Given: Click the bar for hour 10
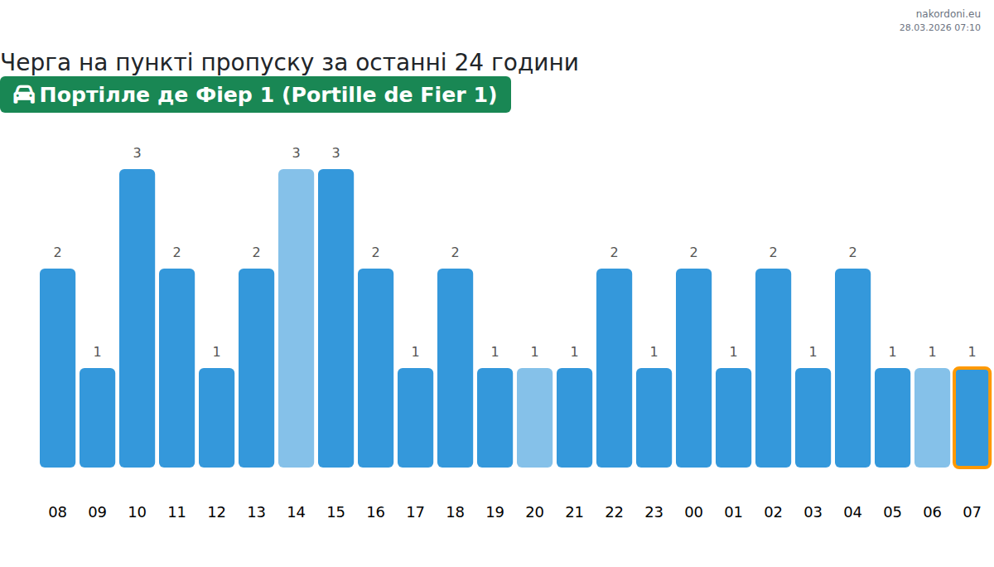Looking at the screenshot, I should (137, 318).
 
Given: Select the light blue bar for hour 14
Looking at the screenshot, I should (296, 318).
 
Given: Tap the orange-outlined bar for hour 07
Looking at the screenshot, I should (972, 418).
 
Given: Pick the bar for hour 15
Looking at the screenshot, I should (335, 318).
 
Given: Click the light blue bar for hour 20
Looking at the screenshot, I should (534, 418).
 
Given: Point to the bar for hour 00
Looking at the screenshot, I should (693, 368).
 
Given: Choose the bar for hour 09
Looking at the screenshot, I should (97, 418).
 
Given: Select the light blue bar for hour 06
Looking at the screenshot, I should (932, 418).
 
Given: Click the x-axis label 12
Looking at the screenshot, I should (216, 512).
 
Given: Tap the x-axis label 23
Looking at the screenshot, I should (654, 512).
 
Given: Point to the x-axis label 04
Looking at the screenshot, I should (852, 512).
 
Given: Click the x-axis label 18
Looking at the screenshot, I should (455, 512).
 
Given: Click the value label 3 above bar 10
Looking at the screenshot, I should (137, 153).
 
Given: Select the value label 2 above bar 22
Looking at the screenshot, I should (614, 252).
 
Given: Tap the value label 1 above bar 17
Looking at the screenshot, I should (415, 351).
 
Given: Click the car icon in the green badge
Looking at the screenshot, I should (24, 94).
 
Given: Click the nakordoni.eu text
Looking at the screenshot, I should (948, 14).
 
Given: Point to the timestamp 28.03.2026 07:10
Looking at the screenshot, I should (939, 27).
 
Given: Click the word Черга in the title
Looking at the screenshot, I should (36, 63).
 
